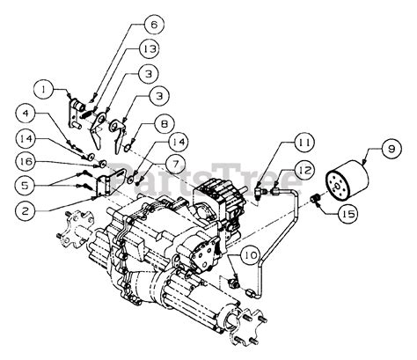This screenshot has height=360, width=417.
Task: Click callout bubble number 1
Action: pyautogui.click(x=40, y=87)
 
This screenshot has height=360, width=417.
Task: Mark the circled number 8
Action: pyautogui.click(x=164, y=124)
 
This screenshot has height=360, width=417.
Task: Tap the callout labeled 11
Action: pyautogui.click(x=304, y=142)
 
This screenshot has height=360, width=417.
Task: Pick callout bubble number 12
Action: pyautogui.click(x=305, y=173)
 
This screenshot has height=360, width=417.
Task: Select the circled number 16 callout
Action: pyautogui.click(x=27, y=163)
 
